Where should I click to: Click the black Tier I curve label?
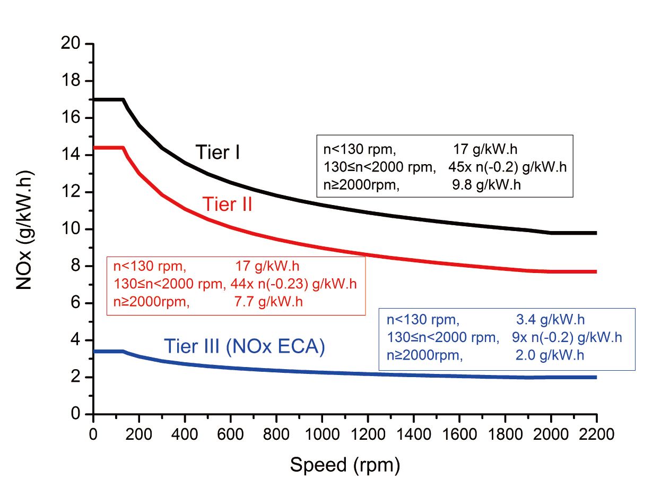(218, 152)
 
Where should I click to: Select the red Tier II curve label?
(227, 204)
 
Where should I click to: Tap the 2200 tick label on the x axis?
(596, 434)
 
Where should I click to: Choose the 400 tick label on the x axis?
(185, 434)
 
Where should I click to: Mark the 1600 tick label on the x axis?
(459, 434)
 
